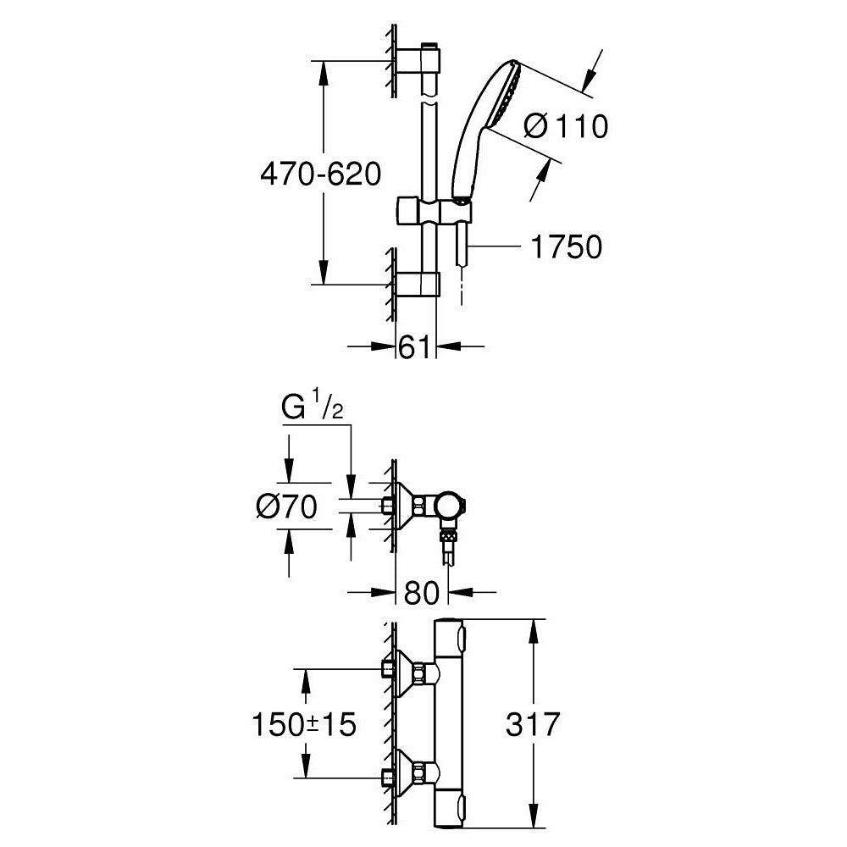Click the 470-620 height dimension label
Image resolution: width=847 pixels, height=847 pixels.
tap(320, 175)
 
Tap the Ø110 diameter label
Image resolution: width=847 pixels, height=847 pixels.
tap(566, 126)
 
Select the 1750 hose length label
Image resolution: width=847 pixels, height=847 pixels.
tap(566, 246)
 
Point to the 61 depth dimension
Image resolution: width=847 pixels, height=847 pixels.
tap(415, 346)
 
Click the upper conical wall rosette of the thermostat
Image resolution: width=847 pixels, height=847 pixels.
tap(410, 674)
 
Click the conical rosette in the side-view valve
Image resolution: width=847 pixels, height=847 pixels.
tap(410, 507)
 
